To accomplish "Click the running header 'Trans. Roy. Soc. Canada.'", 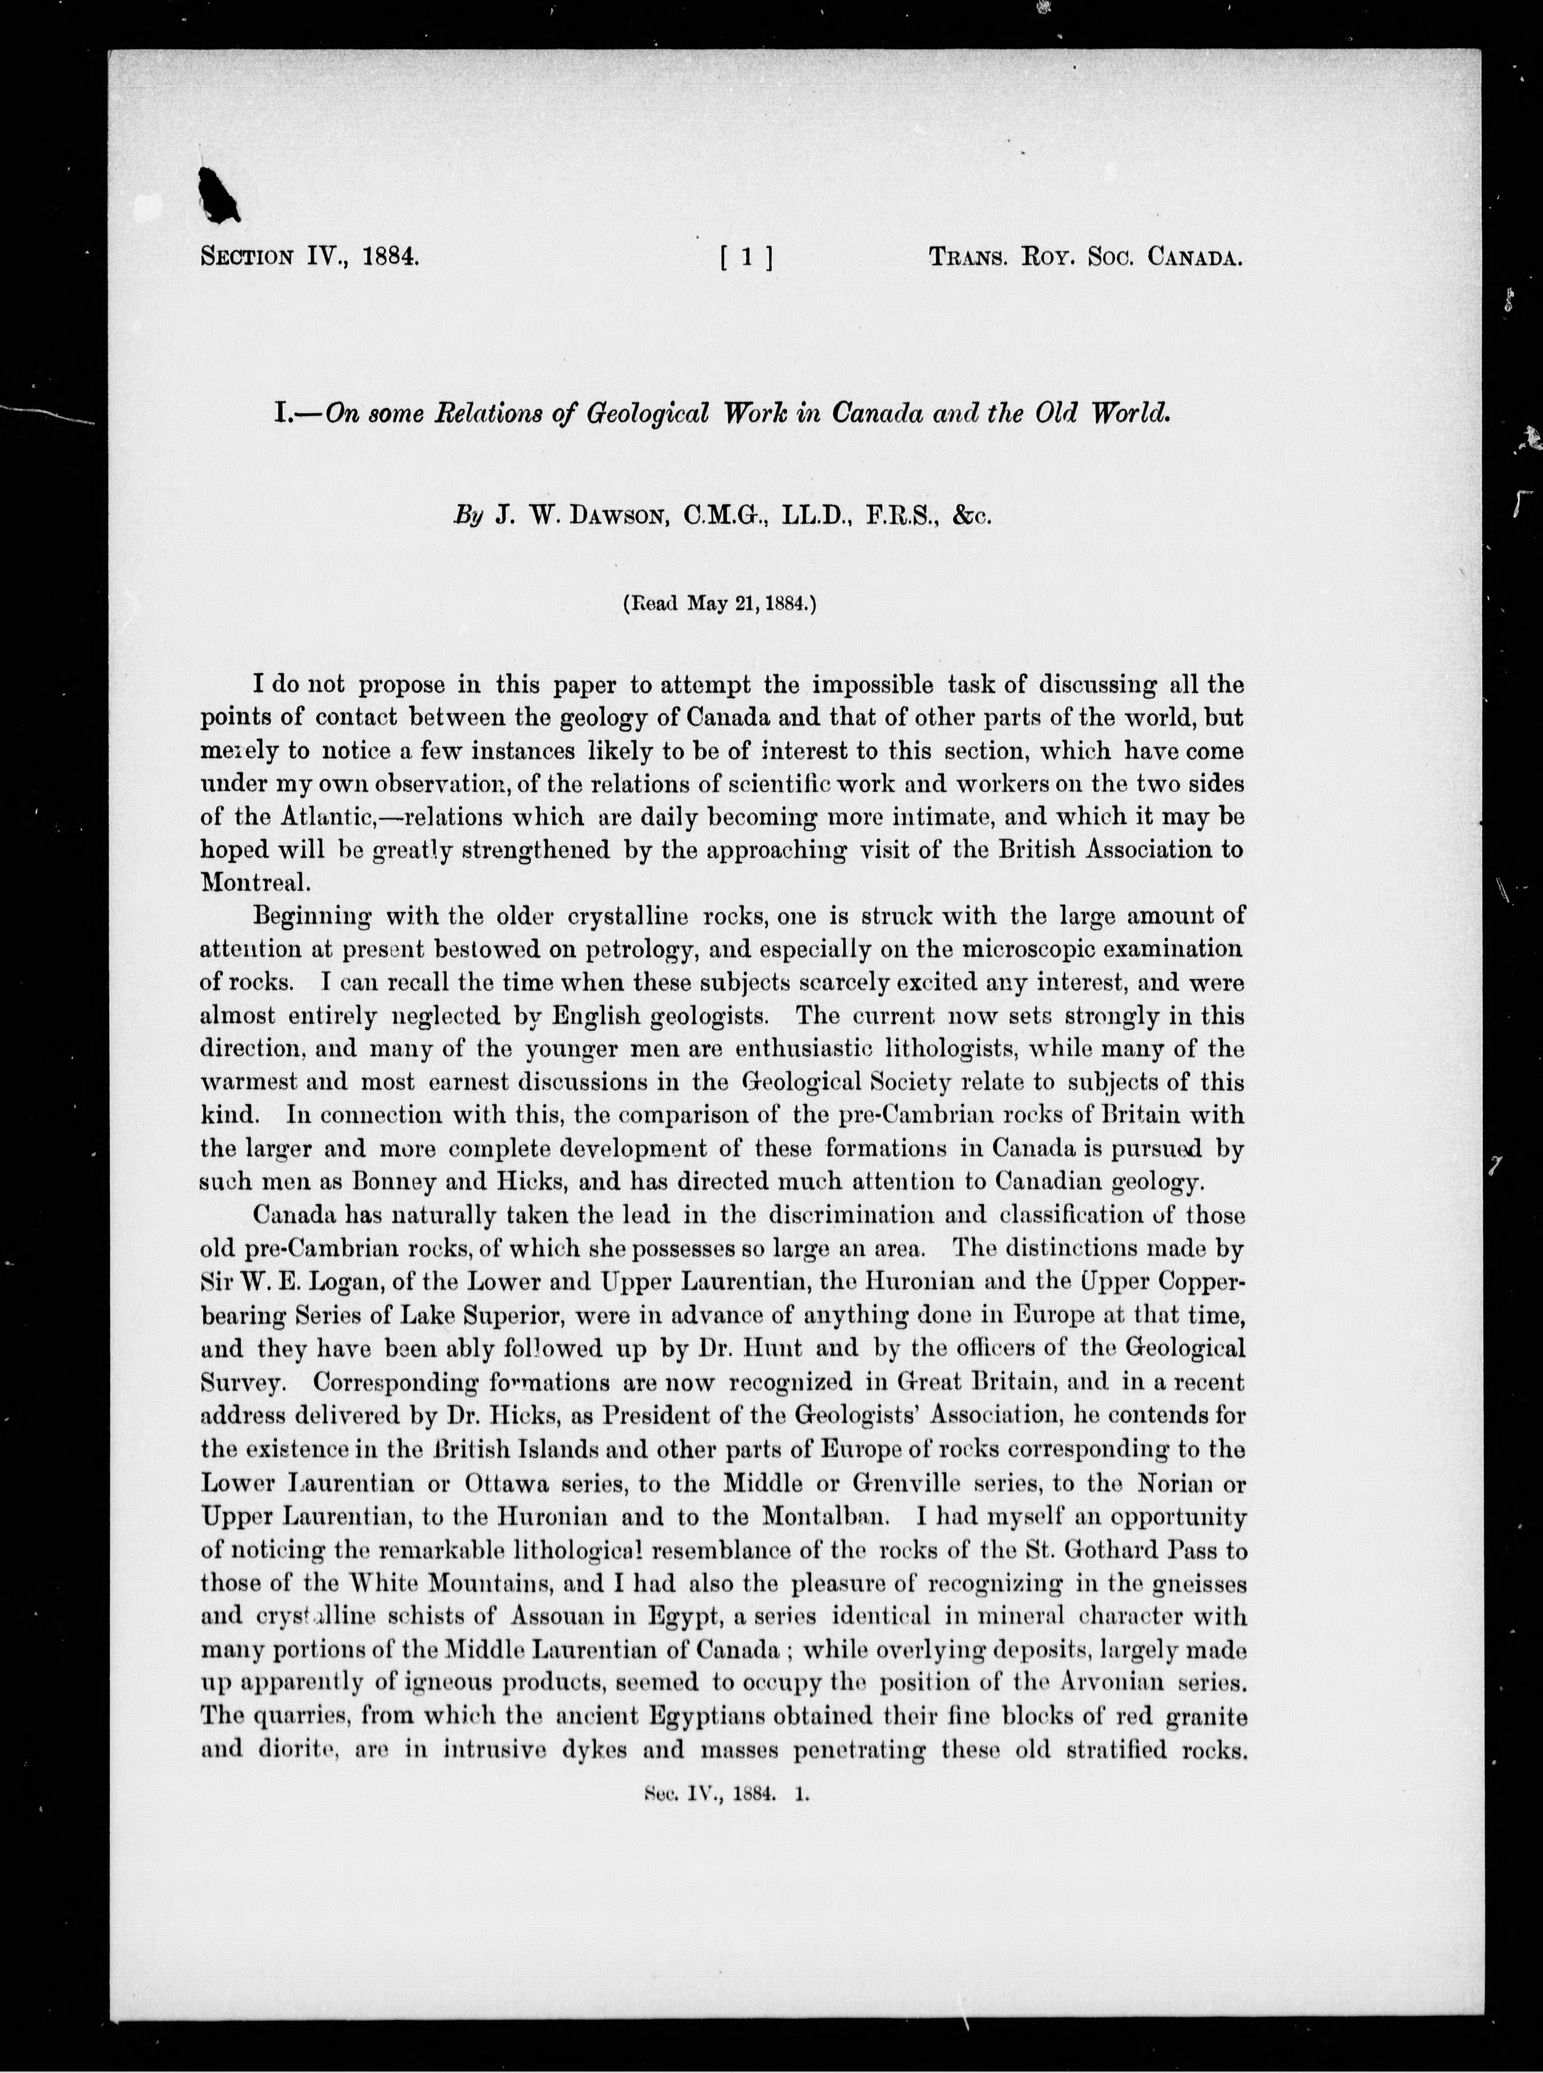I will pyautogui.click(x=1084, y=257).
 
